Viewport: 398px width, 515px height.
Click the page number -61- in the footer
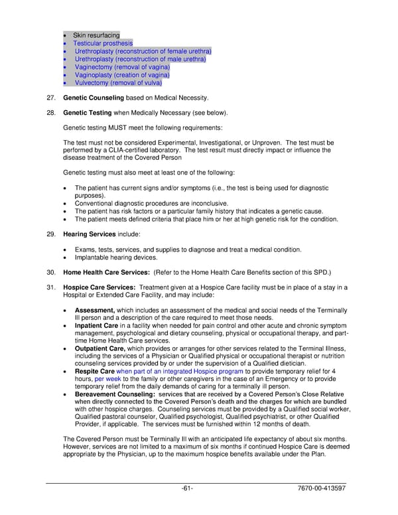(188, 489)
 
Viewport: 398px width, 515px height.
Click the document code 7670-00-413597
(322, 489)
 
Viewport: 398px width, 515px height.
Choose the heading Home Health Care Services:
(106, 272)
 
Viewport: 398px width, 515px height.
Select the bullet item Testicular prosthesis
(103, 43)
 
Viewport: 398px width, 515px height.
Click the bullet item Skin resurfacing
(97, 35)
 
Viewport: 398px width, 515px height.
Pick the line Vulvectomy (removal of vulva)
(118, 83)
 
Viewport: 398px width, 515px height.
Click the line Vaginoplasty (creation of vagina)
(122, 75)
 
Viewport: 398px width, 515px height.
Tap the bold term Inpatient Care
(97, 326)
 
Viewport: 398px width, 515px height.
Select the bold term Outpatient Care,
(100, 349)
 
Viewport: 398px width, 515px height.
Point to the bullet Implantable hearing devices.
(116, 257)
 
